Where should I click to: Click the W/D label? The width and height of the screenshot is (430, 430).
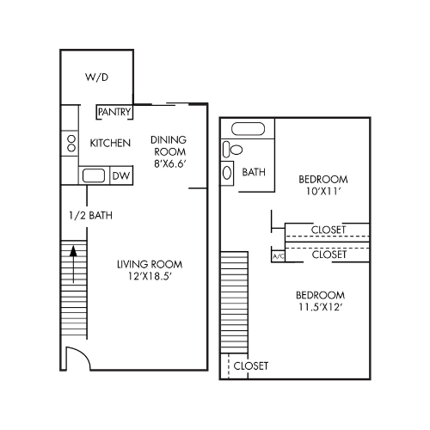coord(96,77)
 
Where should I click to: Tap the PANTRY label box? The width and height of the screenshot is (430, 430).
coord(114,112)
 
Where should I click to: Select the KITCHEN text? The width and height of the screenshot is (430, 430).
coord(110,143)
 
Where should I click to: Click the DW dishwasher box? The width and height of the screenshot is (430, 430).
coord(121,176)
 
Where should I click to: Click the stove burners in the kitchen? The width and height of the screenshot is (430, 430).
coord(70,143)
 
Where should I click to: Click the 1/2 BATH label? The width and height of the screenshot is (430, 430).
coord(91,215)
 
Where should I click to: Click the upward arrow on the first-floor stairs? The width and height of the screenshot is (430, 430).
coord(74,258)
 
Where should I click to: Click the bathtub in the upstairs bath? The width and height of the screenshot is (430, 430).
coord(249,132)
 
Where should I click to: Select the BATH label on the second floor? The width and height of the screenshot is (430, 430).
coord(254,172)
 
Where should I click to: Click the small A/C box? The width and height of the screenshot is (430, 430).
coord(277,256)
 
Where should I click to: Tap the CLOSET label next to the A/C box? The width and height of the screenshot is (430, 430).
coord(329,255)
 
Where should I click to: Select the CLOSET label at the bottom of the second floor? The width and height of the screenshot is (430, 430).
coord(250,365)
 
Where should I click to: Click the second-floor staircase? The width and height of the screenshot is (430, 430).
coord(234,301)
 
